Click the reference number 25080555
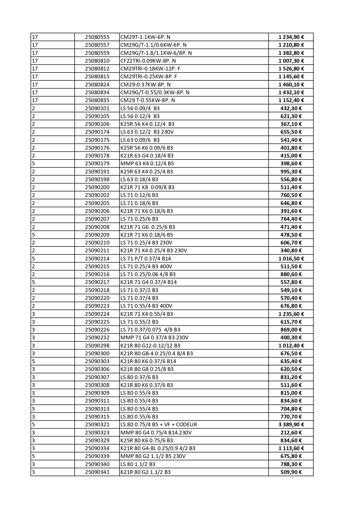[x=97, y=37]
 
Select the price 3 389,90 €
[x=291, y=425]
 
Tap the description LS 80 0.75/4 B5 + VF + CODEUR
[x=158, y=425]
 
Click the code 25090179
[x=97, y=164]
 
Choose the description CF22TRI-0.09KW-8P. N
[x=148, y=61]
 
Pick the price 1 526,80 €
[x=291, y=69]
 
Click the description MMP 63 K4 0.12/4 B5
[x=147, y=164]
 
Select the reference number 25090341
[x=97, y=472]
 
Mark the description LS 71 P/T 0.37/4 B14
[x=146, y=259]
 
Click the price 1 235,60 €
[x=291, y=314]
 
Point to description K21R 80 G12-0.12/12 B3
[x=150, y=346]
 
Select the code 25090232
[x=97, y=338]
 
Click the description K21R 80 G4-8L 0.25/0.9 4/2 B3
[x=158, y=448]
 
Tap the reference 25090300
[x=97, y=354]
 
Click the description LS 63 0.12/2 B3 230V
[x=147, y=132]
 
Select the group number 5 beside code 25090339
[x=33, y=456]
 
